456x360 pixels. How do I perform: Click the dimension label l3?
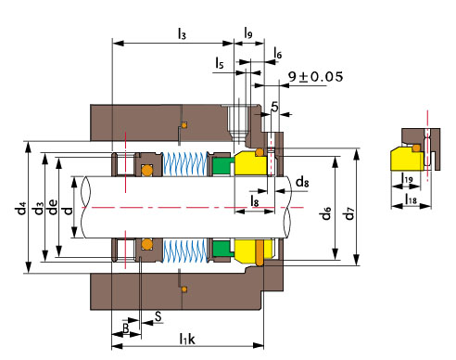point(182,33)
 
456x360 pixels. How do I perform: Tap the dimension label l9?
point(248,32)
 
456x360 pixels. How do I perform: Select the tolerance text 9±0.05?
point(315,76)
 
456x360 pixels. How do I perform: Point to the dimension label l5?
point(220,62)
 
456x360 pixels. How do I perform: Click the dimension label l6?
point(278,53)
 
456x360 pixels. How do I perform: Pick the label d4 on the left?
point(21,208)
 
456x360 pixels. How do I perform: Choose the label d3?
point(38,208)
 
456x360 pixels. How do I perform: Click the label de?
point(53,207)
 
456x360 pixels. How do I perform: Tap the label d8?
point(302,182)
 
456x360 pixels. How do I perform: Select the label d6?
point(326,213)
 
